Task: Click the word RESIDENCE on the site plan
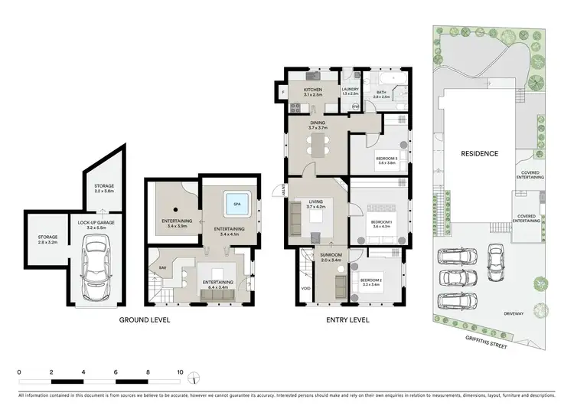click(479, 153)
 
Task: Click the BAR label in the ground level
click(162, 268)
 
